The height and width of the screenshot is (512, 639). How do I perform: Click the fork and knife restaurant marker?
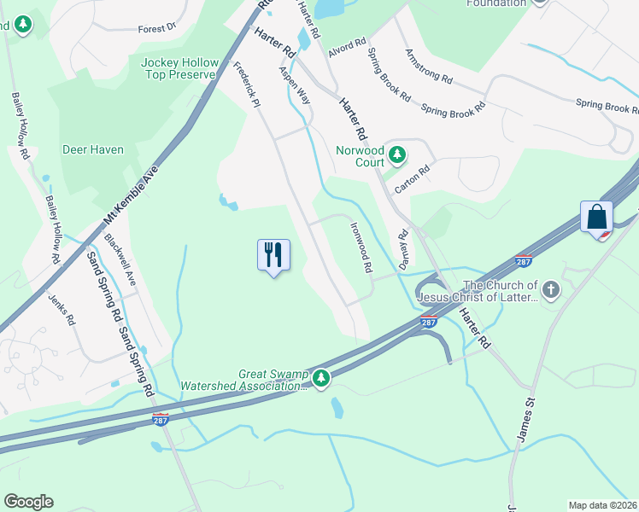point(273,254)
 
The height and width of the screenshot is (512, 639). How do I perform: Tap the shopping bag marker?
point(596,216)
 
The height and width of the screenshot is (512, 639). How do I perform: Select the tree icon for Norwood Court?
point(396,155)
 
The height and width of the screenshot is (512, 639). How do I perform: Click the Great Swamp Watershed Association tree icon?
point(321,377)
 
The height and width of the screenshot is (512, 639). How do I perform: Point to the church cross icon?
point(551,290)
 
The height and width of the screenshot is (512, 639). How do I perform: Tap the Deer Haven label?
point(93,149)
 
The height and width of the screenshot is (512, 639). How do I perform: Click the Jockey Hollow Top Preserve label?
point(180,69)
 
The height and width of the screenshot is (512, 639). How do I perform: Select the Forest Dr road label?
point(156,28)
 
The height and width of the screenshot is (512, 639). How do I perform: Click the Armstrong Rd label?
point(429,65)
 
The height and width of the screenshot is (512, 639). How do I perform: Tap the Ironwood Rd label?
point(361,248)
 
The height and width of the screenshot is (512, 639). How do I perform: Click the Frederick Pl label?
point(246,83)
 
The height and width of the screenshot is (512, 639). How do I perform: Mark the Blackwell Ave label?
point(120,256)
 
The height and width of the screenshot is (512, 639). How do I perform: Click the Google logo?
point(28,502)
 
